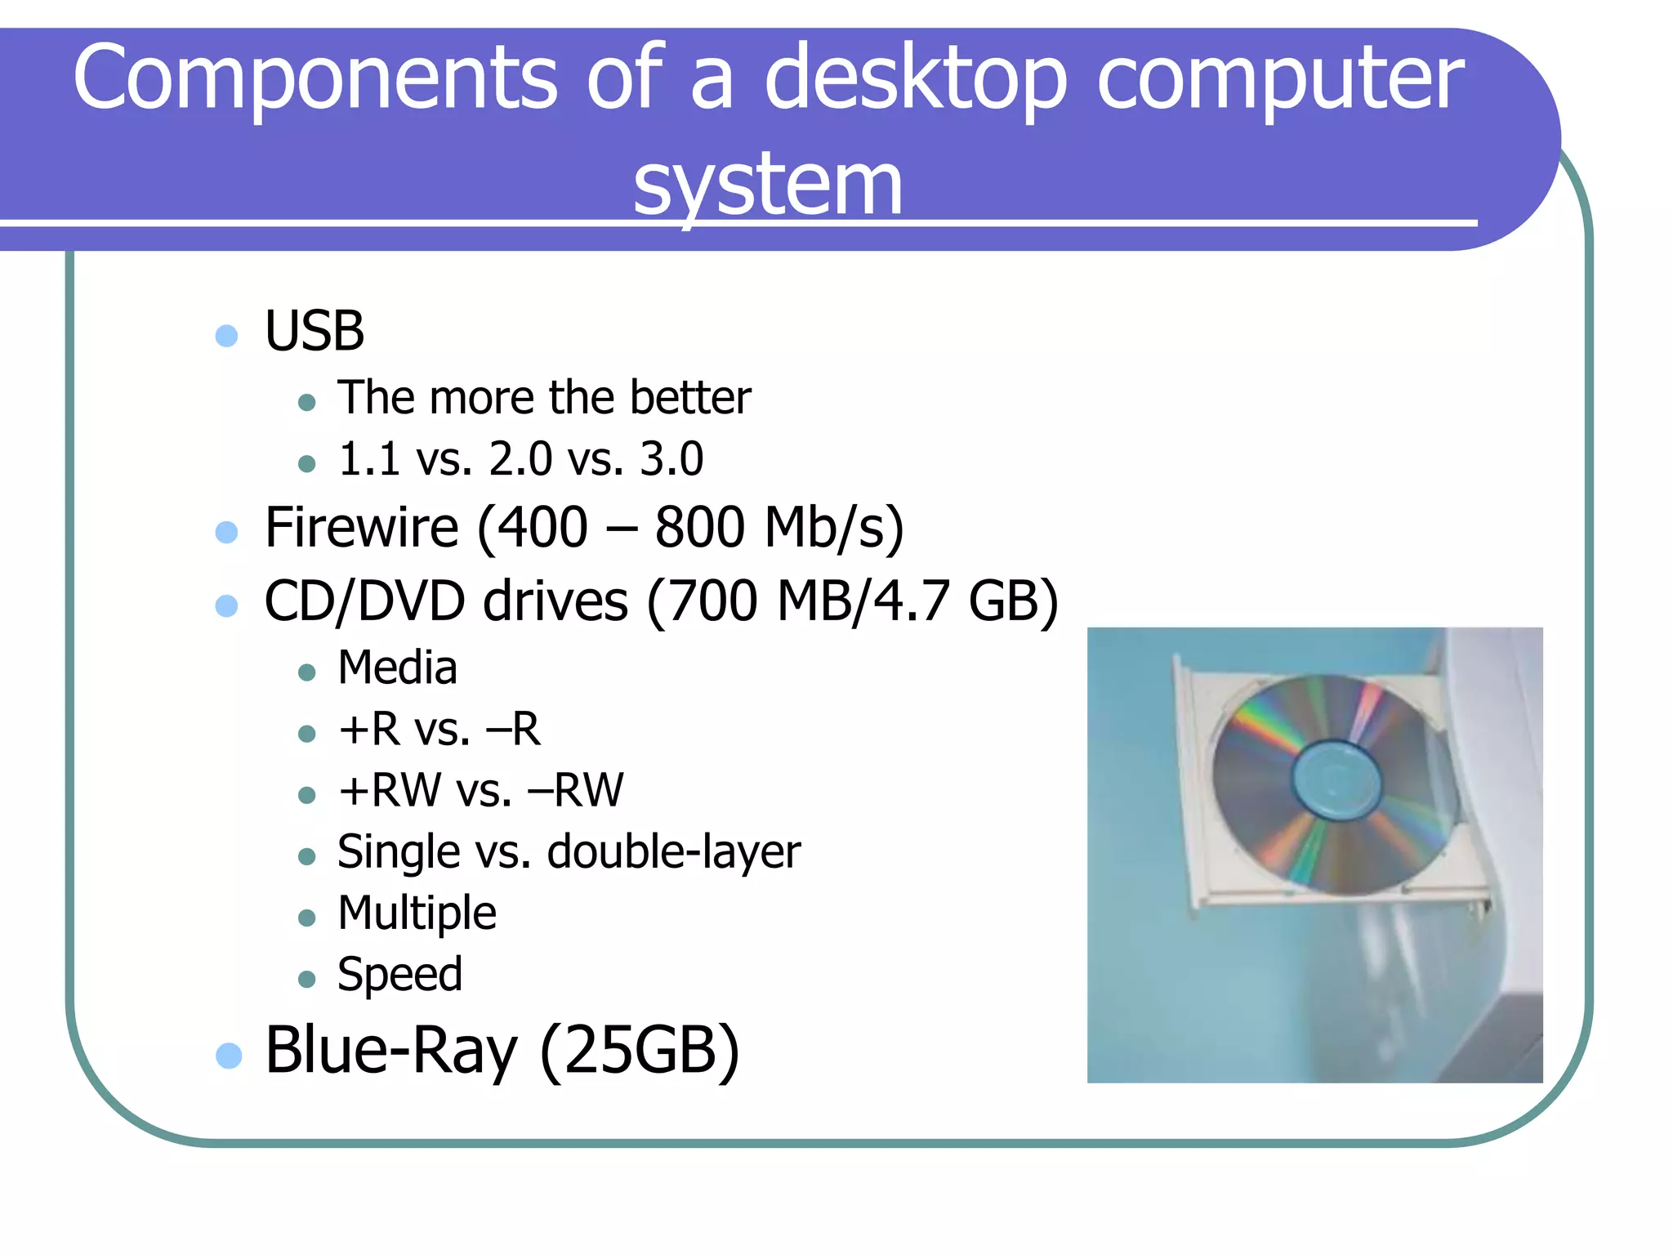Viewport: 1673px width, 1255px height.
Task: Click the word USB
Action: coord(315,332)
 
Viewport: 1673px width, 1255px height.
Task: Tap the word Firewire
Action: coord(361,527)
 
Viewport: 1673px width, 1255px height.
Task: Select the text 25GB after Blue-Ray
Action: coord(640,1051)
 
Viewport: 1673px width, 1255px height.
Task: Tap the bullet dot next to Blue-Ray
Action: coord(229,1055)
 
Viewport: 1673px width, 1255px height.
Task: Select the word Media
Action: coord(398,668)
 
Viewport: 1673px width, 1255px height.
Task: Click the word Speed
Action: coord(399,974)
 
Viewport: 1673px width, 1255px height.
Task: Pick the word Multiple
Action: coord(417,913)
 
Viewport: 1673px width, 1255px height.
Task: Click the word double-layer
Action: coord(674,852)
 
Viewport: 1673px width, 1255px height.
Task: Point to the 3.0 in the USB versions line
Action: coord(671,459)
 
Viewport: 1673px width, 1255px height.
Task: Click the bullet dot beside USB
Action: coord(226,336)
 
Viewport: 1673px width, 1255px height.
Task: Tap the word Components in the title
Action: coord(315,78)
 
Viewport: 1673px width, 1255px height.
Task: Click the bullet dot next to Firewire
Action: coord(226,533)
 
